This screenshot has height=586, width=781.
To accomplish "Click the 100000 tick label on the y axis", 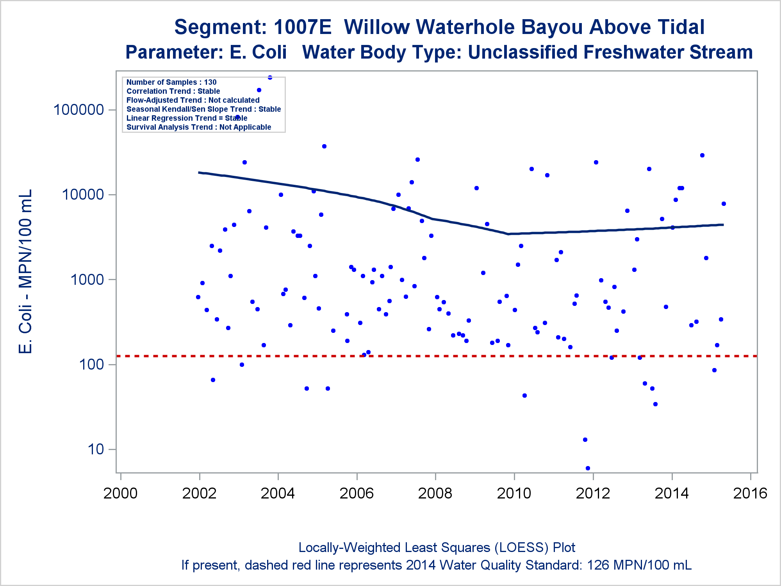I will pos(78,110).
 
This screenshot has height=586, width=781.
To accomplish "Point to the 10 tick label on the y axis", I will pos(96,449).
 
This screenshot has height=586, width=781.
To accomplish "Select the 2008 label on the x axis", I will pos(435,493).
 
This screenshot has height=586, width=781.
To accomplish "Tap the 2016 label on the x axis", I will pos(750,493).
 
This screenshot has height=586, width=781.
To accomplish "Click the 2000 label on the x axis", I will pos(120,493).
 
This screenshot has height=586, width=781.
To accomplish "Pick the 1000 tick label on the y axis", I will pos(87,280).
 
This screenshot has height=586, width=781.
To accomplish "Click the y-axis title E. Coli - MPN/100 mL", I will pos(25,272).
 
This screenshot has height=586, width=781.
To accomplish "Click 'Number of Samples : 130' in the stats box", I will pos(171,82).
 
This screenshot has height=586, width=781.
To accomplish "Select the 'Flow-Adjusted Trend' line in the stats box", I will pos(193,100).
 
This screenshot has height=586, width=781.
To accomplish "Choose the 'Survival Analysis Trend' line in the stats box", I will pos(199,127).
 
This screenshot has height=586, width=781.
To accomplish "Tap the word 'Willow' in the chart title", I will pos(377,27).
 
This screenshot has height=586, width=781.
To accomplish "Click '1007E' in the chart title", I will pos(302,27).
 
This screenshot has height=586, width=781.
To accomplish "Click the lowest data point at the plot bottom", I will pos(588,468).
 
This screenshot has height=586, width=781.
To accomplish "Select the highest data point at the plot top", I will pos(270,77).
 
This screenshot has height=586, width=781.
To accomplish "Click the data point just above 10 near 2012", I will pos(585,439).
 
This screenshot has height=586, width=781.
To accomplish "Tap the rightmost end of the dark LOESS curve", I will pos(723,225).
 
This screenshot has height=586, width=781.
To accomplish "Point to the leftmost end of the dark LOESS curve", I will pos(199,172).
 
